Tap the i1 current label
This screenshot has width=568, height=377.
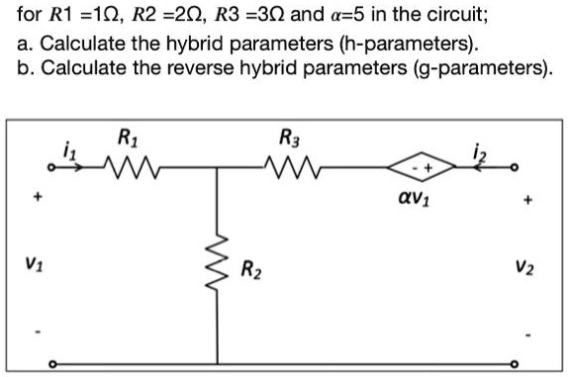tap(66, 149)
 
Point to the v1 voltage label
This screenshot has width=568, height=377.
tap(36, 265)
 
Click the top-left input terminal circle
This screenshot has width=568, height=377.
tap(55, 168)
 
